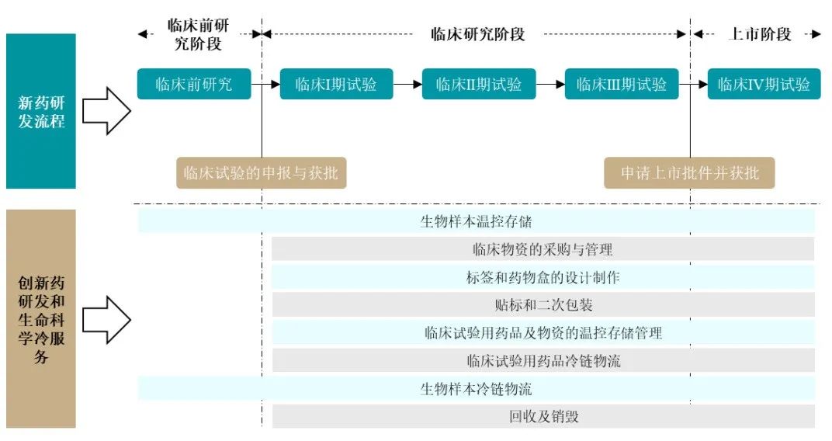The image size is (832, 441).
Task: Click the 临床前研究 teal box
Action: pos(194,84)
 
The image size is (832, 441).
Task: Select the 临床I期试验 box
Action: pos(336,84)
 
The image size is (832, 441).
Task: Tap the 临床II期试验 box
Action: pos(479,84)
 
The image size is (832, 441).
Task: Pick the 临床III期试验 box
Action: pos(622,84)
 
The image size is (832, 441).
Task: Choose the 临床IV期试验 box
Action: pos(764,84)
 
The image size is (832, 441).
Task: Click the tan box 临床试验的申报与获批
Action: pos(261,173)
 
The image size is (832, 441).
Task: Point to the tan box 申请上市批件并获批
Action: pos(689,173)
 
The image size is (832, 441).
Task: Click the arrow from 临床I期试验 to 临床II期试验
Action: pos(407,84)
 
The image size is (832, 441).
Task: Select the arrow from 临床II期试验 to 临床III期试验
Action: pos(550,84)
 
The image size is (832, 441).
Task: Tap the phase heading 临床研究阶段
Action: pos(478,34)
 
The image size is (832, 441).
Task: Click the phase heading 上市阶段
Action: pos(761,34)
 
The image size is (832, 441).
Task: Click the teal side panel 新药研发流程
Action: pos(41,111)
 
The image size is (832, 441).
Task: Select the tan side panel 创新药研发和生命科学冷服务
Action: pos(41,318)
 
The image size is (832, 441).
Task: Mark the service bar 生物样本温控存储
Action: pos(476,221)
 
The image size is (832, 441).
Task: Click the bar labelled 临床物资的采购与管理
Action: pos(543,249)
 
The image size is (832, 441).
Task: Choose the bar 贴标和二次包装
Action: pos(543,305)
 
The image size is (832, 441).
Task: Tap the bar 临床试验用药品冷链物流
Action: pos(543,360)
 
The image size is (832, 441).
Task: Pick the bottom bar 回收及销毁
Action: pos(543,416)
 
